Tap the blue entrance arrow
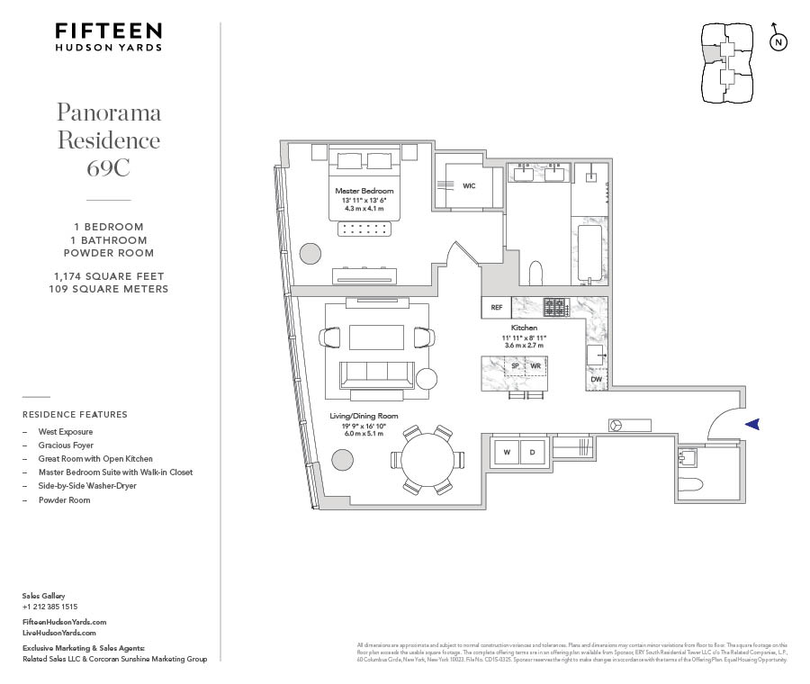753,424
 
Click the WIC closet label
469,185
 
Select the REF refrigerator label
496,308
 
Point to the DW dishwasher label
596,380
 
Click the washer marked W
507,451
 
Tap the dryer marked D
531,451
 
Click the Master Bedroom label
364,191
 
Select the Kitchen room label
524,328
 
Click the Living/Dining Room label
364,416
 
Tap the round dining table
427,459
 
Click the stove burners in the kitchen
556,307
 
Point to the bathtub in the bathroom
589,254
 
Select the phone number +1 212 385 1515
49,607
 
